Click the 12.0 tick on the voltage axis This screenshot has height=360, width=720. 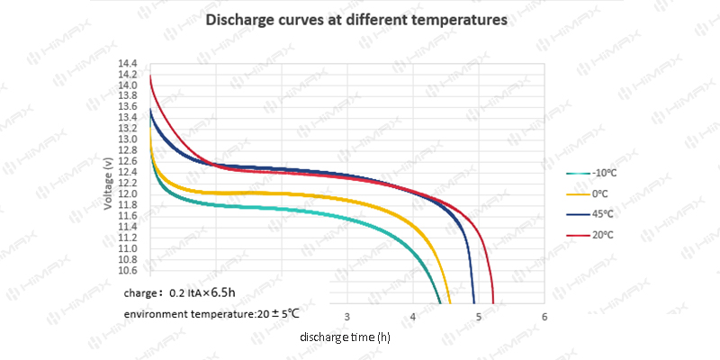(x=128, y=194)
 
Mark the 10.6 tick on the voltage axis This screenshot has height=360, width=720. (x=128, y=270)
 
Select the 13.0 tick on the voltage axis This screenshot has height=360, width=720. (x=128, y=139)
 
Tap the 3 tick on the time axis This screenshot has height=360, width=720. (x=348, y=317)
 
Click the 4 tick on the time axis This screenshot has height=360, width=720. (x=413, y=317)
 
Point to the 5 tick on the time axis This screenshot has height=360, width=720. (x=479, y=317)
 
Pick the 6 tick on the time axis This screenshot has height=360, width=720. (x=544, y=317)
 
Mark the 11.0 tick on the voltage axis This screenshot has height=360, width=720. (x=128, y=248)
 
